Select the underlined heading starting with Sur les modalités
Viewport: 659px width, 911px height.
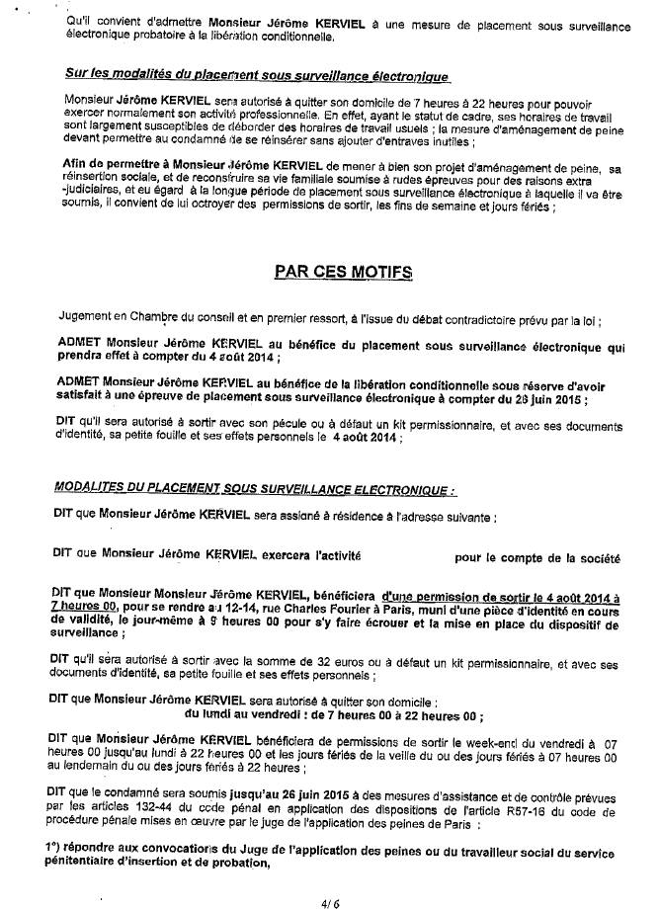(252, 75)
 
